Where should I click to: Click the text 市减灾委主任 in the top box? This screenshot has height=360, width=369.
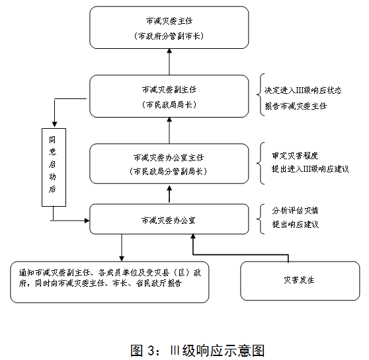tap(169, 21)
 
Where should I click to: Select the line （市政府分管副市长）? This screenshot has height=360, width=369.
tap(169, 36)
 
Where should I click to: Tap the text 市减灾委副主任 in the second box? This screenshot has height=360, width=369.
tap(169, 90)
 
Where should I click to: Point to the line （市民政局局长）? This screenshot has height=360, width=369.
tap(169, 104)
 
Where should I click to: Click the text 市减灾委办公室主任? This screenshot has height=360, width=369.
tap(169, 158)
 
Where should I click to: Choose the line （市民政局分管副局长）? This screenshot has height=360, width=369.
tap(168, 172)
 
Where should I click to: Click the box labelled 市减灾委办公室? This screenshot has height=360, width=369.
tap(169, 219)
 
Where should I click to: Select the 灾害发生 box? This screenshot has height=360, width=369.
tap(300, 281)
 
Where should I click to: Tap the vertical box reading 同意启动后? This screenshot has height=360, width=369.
tap(54, 167)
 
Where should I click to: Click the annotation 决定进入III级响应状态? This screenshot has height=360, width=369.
tap(303, 90)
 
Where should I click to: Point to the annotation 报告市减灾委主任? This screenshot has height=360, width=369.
tap(296, 106)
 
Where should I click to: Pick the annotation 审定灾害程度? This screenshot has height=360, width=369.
tap(295, 156)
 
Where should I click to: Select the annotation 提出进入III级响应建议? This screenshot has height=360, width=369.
tap(310, 169)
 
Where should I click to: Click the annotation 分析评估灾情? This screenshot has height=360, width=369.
tap(295, 211)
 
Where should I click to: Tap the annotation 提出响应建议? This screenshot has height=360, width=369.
tap(296, 225)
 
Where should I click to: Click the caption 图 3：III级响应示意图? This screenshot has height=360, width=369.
tap(198, 351)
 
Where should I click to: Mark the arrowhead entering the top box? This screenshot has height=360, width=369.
tap(169, 51)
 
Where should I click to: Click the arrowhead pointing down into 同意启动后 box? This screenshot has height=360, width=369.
tap(55, 124)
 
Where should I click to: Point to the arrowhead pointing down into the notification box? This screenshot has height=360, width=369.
tap(122, 258)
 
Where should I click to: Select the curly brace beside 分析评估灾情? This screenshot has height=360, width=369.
tap(260, 219)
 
